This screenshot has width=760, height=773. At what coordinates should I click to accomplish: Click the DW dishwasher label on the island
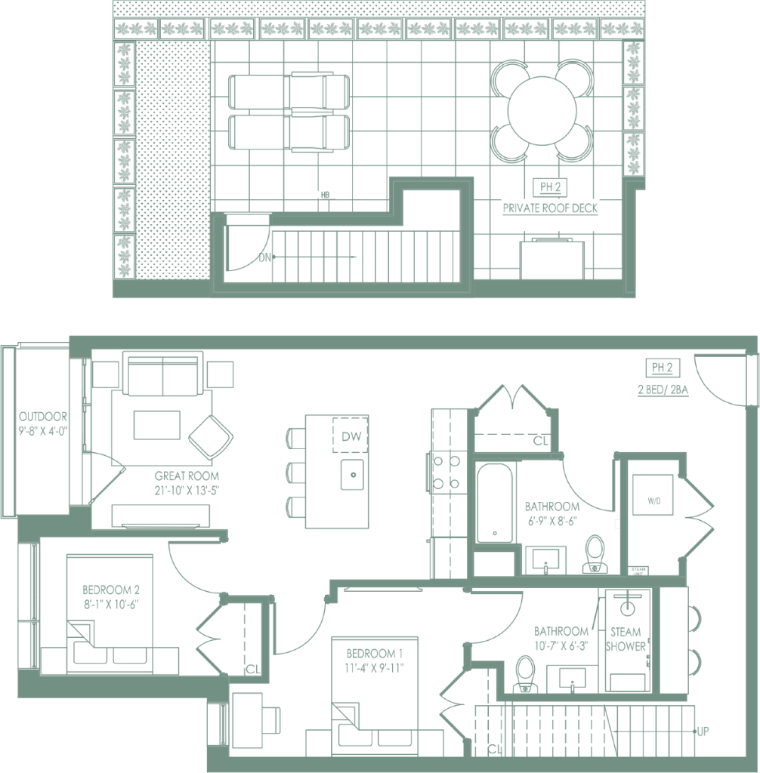point(351,436)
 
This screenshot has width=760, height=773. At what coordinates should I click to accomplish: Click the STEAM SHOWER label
point(626,639)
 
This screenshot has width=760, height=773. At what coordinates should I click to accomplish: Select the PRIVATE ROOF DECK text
point(550,207)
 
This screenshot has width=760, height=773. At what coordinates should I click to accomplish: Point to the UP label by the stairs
point(703,731)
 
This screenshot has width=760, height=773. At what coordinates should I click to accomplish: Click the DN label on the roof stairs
point(264,257)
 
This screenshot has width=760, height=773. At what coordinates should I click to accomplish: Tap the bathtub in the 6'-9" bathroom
point(496,503)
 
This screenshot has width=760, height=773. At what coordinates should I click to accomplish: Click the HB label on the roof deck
point(326,196)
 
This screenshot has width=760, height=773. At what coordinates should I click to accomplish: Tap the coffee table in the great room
point(157,424)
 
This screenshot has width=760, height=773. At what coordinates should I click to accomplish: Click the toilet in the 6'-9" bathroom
point(595,553)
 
